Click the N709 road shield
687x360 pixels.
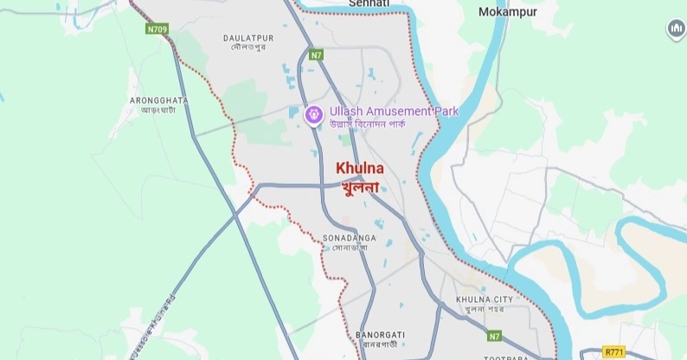coord(157,29)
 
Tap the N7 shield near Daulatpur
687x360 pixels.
coord(317,55)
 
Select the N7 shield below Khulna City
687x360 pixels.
coord(494,336)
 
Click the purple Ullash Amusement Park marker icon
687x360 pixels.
coord(314,112)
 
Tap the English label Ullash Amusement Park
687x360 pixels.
coord(394,112)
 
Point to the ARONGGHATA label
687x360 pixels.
coord(158,100)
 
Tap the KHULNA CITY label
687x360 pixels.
coord(484,299)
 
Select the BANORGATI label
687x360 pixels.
coord(380,333)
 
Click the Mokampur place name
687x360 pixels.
coord(507,12)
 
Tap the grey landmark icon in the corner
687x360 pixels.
coord(676,29)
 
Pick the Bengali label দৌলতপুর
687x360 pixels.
coord(248,48)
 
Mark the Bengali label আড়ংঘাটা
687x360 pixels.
coord(158,111)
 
